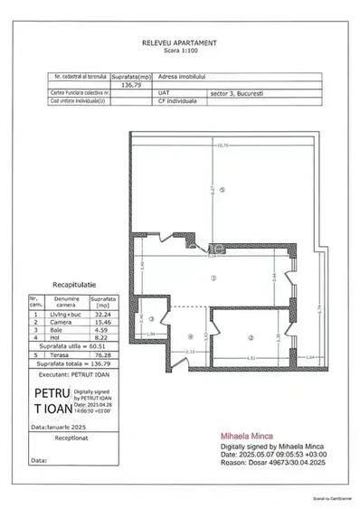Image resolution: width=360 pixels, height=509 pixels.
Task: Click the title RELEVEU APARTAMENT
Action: pos(179,42)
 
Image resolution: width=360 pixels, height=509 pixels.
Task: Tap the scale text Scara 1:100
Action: pos(179,52)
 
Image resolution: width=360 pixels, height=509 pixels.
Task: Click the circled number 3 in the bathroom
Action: pos(151,319)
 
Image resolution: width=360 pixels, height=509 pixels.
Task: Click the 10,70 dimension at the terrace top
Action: pos(222,145)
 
